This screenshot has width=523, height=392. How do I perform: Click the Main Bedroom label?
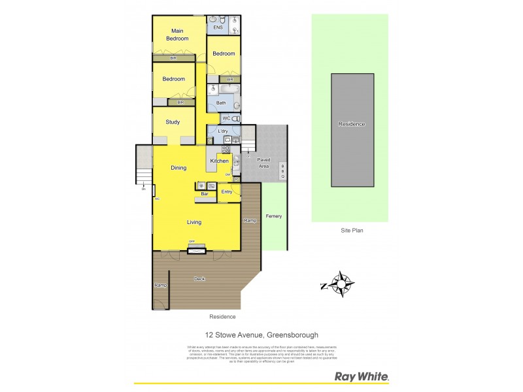[x=177, y=35]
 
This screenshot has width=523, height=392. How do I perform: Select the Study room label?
[x=173, y=122]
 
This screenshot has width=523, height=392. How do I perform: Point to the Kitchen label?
[x=220, y=161]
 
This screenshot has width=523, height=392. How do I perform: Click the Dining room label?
[x=178, y=168]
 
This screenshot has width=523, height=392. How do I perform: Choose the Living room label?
[x=194, y=222]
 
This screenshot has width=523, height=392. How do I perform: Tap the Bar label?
[x=204, y=194]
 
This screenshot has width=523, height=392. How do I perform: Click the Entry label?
[x=227, y=191]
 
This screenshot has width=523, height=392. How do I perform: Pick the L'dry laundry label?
[x=222, y=131]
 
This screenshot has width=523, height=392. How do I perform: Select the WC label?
[x=226, y=118]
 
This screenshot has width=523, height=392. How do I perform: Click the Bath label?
[x=221, y=103]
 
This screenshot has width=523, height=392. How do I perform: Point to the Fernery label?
[x=274, y=216]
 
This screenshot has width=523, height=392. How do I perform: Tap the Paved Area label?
[x=263, y=163]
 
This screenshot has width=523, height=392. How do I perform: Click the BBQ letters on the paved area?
[x=282, y=171]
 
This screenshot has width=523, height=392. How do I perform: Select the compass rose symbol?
[x=341, y=284]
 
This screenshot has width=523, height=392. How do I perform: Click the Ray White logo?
[x=362, y=376]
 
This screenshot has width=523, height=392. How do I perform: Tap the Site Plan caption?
[x=351, y=230]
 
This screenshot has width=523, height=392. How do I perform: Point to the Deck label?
[x=199, y=279]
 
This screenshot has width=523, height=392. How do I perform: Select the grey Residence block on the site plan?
[x=352, y=130]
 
